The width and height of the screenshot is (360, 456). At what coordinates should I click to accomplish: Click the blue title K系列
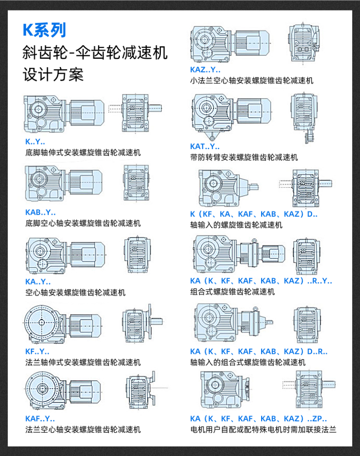(x=44, y=30)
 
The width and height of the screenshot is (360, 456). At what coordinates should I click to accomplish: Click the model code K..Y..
(x=35, y=142)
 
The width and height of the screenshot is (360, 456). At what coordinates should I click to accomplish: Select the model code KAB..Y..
(x=41, y=212)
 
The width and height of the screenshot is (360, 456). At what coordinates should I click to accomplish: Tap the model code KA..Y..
(x=38, y=282)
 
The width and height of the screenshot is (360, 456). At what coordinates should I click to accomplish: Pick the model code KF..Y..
(x=37, y=352)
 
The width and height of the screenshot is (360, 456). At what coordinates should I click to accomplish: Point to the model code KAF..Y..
(x=40, y=419)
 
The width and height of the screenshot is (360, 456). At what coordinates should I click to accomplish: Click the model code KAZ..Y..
(x=205, y=70)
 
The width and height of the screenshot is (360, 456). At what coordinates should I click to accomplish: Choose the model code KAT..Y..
(x=205, y=147)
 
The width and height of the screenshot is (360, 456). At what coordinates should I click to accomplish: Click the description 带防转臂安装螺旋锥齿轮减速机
(x=244, y=157)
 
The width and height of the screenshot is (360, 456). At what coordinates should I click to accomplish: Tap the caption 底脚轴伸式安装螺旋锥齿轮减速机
(x=83, y=153)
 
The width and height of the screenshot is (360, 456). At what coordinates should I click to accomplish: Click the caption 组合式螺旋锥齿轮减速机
(x=232, y=292)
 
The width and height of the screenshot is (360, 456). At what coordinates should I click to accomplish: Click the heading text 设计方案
(x=53, y=74)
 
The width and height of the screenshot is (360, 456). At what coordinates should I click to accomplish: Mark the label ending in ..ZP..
(x=258, y=419)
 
